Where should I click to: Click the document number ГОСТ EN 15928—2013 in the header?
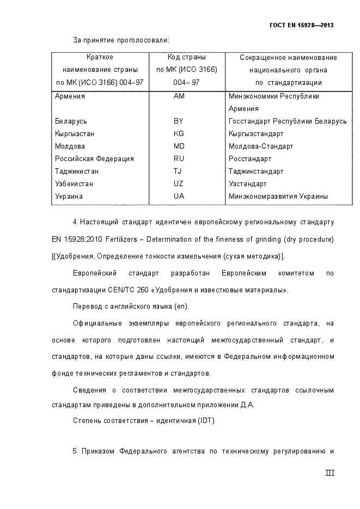(x=301, y=25)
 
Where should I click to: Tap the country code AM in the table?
(x=179, y=96)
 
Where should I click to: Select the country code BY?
(x=179, y=121)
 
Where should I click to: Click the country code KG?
(x=179, y=134)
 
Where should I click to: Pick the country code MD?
(x=179, y=146)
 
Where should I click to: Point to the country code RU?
(x=179, y=159)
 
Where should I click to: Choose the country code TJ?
(x=178, y=171)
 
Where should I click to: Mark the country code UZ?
(x=179, y=184)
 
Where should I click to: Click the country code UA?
(x=179, y=197)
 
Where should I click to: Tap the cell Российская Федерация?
(x=94, y=159)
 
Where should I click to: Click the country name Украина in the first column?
(x=69, y=197)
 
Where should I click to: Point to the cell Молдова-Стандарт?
(x=261, y=146)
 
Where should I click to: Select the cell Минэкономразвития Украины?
(x=278, y=197)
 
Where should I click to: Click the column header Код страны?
(x=186, y=57)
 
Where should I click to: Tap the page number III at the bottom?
(x=329, y=473)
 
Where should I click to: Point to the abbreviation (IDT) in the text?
(x=206, y=420)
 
